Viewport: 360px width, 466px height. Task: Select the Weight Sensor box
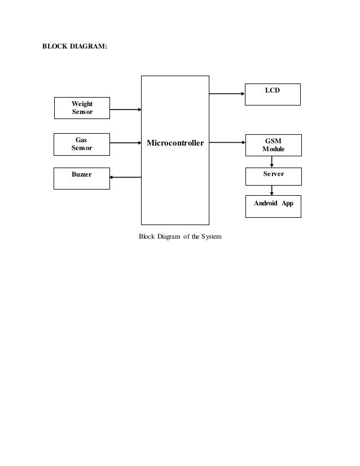pyautogui.click(x=82, y=108)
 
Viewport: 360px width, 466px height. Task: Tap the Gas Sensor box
pyautogui.click(x=82, y=144)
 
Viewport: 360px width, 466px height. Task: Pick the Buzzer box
pyautogui.click(x=81, y=178)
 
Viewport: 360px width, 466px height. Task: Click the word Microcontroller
pyautogui.click(x=175, y=143)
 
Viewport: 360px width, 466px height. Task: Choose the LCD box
pyautogui.click(x=273, y=94)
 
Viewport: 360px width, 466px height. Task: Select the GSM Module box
pyautogui.click(x=273, y=145)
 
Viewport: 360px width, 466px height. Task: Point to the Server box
pyautogui.click(x=273, y=176)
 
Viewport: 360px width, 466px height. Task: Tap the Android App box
pyautogui.click(x=273, y=206)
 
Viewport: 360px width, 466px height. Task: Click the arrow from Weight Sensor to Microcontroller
pyautogui.click(x=125, y=109)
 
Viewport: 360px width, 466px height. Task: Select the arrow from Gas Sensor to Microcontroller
pyautogui.click(x=125, y=143)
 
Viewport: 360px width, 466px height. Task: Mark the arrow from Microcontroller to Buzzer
pyautogui.click(x=125, y=177)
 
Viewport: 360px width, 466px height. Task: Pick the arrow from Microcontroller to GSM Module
pyautogui.click(x=227, y=143)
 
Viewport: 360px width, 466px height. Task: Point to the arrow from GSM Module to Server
pyautogui.click(x=272, y=161)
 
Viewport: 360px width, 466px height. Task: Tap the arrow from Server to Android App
pyautogui.click(x=272, y=191)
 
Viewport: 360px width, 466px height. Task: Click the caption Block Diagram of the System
pyautogui.click(x=180, y=236)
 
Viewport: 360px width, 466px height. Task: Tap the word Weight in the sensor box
pyautogui.click(x=82, y=104)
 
